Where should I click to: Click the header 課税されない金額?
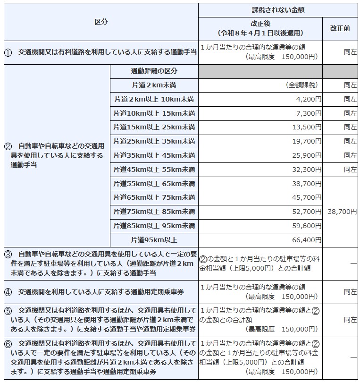pyautogui.click(x=277, y=9)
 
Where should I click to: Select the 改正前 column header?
pyautogui.click(x=340, y=28)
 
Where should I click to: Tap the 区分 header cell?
pyautogui.click(x=101, y=22)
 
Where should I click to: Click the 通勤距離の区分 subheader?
pyautogui.click(x=154, y=71)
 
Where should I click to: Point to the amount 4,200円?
pyautogui.click(x=310, y=99)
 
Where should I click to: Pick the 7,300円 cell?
pyautogui.click(x=310, y=113)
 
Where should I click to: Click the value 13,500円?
pyautogui.click(x=307, y=128)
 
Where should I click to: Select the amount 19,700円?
pyautogui.click(x=307, y=141)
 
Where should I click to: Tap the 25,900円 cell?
pyautogui.click(x=307, y=155)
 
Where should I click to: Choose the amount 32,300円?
pyautogui.click(x=307, y=169)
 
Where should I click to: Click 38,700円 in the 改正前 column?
pyautogui.click(x=342, y=212)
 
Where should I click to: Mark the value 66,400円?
pyautogui.click(x=307, y=240)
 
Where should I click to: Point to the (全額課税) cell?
pyautogui.click(x=301, y=85)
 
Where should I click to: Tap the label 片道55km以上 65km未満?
pyautogui.click(x=154, y=184)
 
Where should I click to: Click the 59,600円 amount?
pyautogui.click(x=307, y=226)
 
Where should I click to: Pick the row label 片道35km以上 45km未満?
pyautogui.click(x=154, y=155)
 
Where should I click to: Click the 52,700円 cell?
pyautogui.click(x=307, y=212)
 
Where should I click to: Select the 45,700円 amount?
pyautogui.click(x=307, y=197)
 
